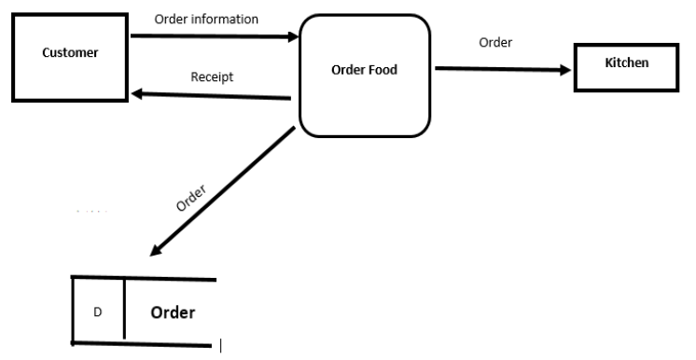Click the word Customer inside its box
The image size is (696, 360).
click(x=70, y=52)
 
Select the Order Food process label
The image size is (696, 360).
click(x=364, y=70)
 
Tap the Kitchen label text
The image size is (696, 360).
click(x=627, y=62)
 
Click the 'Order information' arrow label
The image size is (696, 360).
click(x=206, y=19)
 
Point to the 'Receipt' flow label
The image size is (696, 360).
click(x=212, y=76)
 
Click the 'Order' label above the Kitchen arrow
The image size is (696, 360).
click(x=495, y=42)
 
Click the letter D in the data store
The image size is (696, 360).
click(x=97, y=312)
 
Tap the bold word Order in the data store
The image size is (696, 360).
click(x=173, y=312)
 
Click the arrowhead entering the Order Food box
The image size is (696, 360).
click(x=292, y=37)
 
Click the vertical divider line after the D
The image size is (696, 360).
click(x=124, y=309)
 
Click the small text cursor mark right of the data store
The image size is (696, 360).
click(x=220, y=347)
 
